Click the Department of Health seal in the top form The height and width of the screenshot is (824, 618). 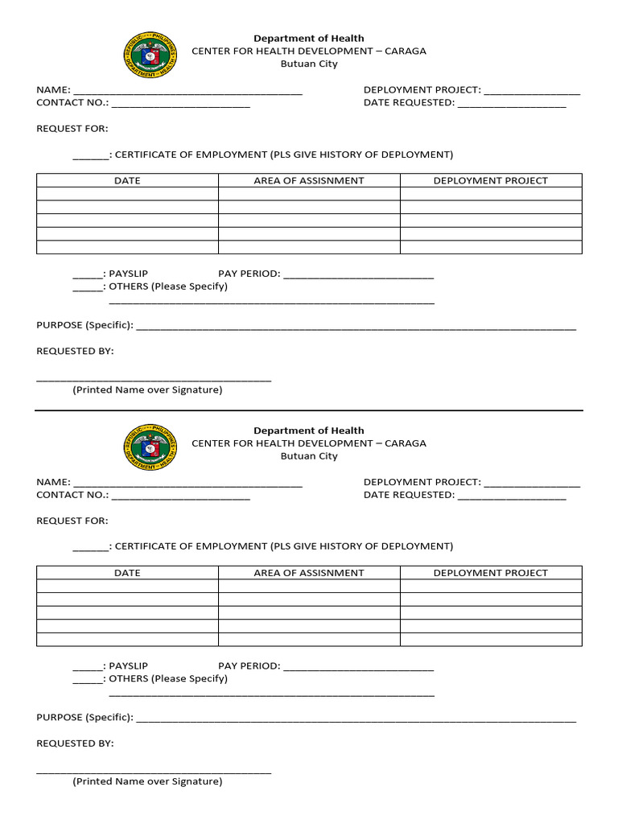tap(150, 56)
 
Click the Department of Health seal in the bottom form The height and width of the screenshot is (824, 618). tap(150, 447)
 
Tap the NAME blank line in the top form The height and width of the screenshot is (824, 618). tap(187, 92)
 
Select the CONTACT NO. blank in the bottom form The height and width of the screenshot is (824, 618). tap(181, 496)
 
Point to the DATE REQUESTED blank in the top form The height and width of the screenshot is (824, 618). tap(512, 105)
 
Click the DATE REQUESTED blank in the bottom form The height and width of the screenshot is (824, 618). tap(512, 496)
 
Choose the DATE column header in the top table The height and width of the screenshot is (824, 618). tap(127, 181)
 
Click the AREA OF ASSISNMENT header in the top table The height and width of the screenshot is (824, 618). tap(309, 181)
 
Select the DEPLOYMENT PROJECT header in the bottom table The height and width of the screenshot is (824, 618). tap(490, 573)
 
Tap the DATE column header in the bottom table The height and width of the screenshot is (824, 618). tap(127, 573)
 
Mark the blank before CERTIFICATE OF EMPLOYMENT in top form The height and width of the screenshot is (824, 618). tap(90, 156)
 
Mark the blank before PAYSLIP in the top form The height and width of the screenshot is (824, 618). tap(88, 275)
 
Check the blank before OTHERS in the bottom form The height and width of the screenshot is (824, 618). tap(88, 680)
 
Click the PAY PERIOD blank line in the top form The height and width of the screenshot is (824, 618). tap(359, 275)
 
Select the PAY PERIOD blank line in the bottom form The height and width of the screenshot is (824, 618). tap(359, 668)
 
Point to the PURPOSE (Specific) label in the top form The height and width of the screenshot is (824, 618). tap(84, 325)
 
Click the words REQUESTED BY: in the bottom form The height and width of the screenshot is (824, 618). tap(75, 744)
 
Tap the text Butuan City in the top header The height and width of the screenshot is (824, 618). tap(309, 64)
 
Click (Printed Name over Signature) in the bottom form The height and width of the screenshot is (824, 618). tap(147, 781)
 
